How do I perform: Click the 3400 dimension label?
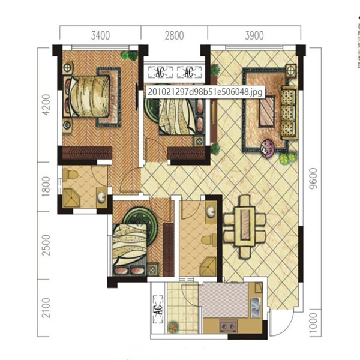[x=100, y=35]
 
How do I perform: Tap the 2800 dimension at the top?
[x=174, y=35]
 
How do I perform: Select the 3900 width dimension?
[x=254, y=35]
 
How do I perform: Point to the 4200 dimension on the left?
[x=46, y=104]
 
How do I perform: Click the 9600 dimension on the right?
[x=313, y=179]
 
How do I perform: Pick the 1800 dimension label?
[x=46, y=187]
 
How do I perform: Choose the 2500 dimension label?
[x=46, y=245]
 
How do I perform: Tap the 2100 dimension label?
[x=46, y=308]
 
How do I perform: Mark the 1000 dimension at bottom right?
[x=313, y=322]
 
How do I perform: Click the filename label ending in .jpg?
[x=205, y=92]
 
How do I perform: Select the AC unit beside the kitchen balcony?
[x=158, y=309]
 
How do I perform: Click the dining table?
[x=245, y=227]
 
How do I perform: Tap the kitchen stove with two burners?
[x=229, y=326]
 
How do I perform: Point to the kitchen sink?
[x=256, y=307]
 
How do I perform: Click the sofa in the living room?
[x=289, y=113]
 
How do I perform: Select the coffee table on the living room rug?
[x=267, y=112]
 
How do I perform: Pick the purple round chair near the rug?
[x=267, y=149]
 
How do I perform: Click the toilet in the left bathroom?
[x=70, y=175]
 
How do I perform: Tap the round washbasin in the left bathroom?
[x=101, y=197]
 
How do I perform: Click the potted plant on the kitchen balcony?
[x=173, y=327]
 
